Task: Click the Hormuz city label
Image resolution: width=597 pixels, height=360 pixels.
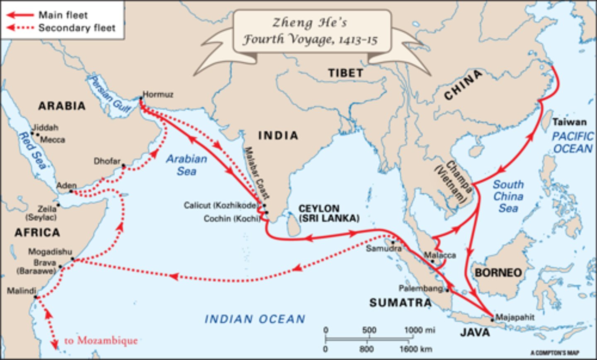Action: tap(158, 94)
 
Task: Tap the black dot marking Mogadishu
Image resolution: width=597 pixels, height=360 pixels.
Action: tap(73, 259)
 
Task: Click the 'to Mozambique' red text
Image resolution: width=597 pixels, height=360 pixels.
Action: tap(101, 341)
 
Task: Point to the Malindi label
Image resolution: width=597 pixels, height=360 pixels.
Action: tap(21, 291)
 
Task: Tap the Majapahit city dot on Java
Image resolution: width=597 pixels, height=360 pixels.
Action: tap(493, 319)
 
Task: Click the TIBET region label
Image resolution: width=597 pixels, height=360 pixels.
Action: tap(345, 73)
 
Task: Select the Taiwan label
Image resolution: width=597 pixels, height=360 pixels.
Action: tap(569, 122)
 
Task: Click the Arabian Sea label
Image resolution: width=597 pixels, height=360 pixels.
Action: tap(187, 165)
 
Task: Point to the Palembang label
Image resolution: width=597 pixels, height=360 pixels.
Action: tap(421, 288)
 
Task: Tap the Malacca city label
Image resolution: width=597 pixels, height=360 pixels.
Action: tap(440, 255)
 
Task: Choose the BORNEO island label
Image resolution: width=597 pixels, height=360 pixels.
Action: tap(498, 273)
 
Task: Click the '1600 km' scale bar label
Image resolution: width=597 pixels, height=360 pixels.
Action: tap(415, 349)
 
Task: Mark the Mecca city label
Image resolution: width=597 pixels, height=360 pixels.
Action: tap(52, 140)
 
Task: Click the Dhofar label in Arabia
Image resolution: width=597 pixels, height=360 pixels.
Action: tap(107, 161)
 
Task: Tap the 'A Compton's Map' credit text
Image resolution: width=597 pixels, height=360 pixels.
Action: tap(554, 353)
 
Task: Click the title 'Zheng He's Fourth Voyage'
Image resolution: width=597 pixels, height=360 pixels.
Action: tap(310, 31)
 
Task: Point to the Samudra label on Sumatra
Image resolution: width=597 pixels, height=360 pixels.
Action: tap(383, 249)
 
